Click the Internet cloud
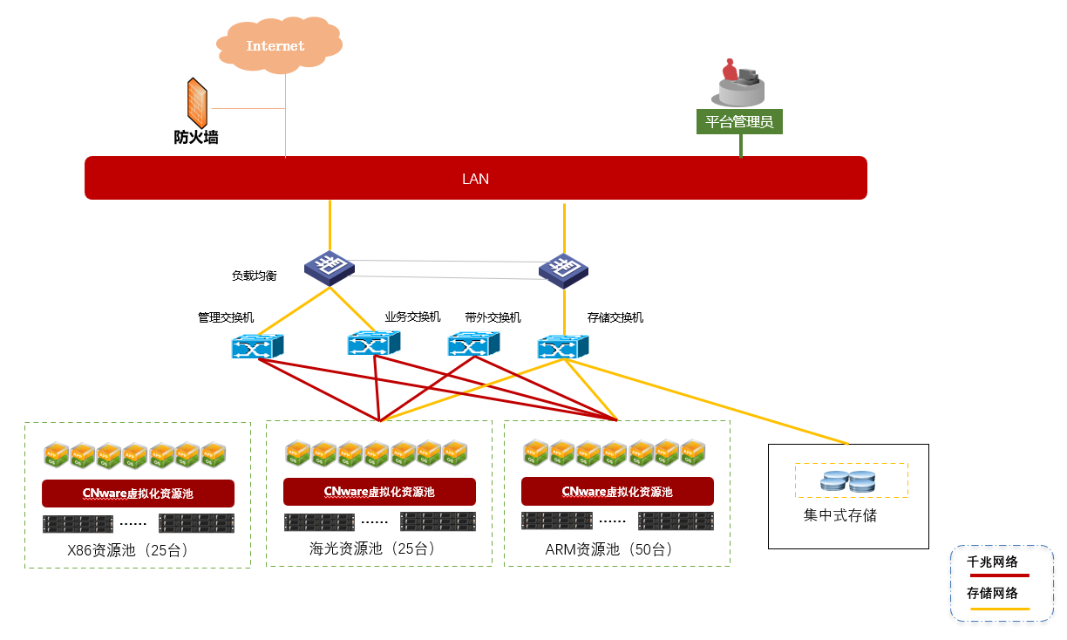[275, 45]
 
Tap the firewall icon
[197, 103]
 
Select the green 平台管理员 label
[739, 121]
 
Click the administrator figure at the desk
[740, 83]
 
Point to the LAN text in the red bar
[475, 179]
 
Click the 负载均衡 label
[254, 276]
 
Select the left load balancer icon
[330, 267]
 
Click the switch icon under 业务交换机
[373, 344]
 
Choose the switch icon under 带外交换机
[473, 344]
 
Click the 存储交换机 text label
[615, 317]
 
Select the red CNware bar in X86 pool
[138, 494]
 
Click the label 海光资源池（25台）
[372, 548]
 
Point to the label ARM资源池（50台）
[609, 549]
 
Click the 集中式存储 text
[839, 515]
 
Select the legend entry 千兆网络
[993, 562]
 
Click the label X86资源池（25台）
[128, 550]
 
